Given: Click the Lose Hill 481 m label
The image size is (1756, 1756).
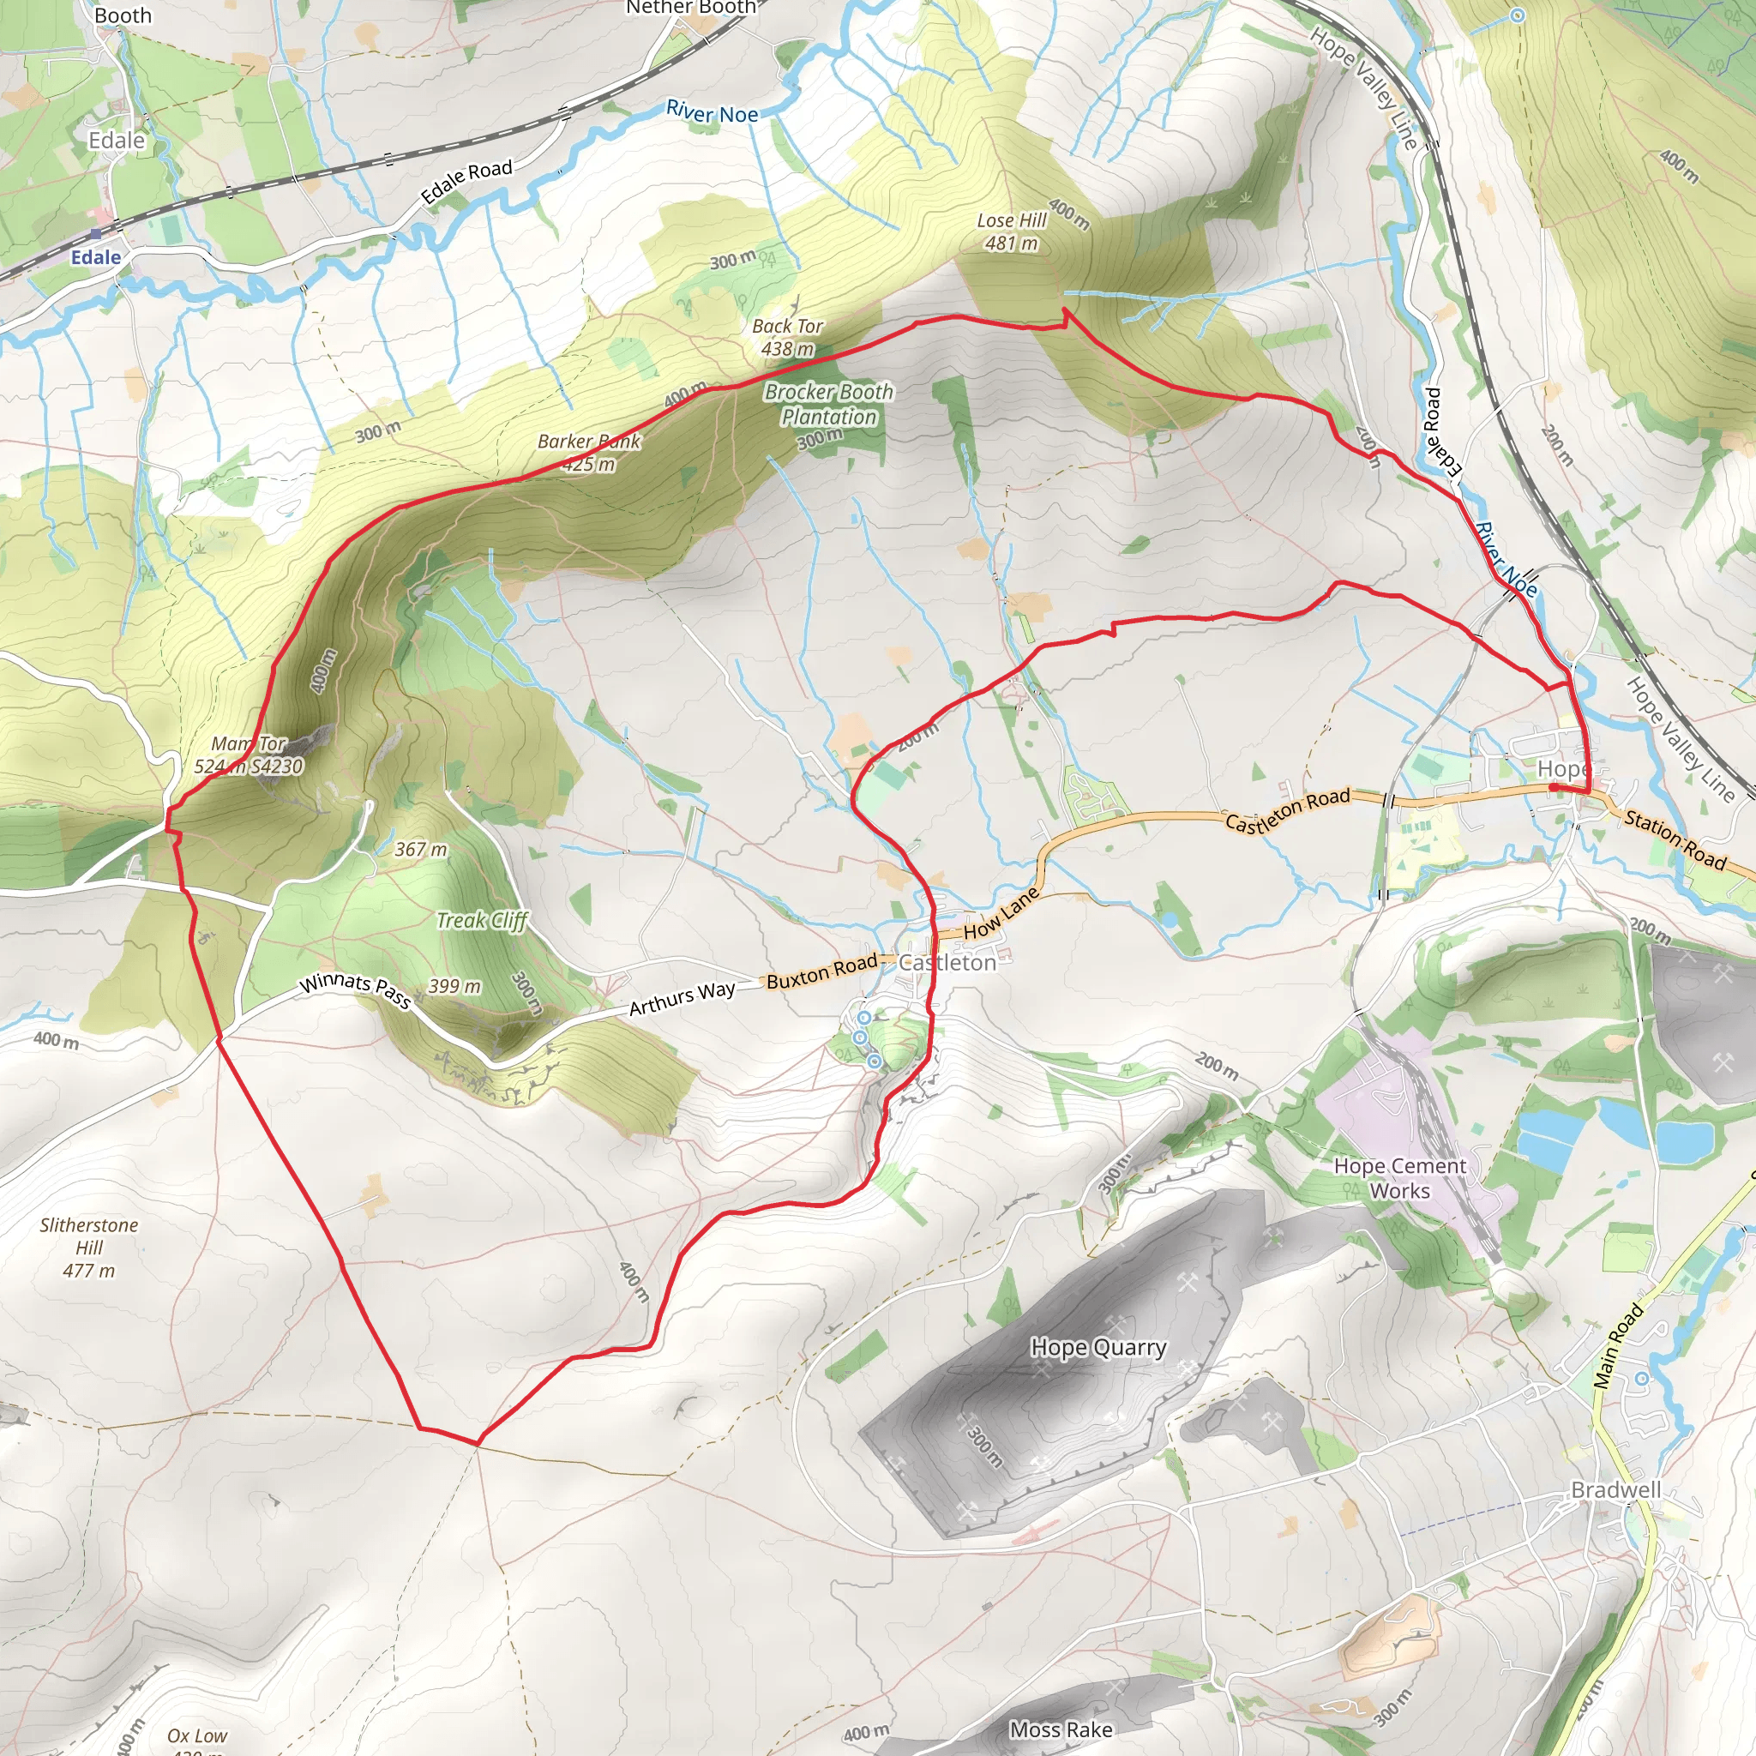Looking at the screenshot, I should tap(1012, 232).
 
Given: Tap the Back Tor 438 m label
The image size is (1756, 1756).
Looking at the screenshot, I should tap(787, 337).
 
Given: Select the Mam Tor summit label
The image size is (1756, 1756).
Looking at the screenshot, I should tap(248, 755).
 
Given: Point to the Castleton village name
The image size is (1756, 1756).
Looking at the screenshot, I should tap(947, 964).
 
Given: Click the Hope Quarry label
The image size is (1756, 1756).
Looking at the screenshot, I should tap(1098, 1347).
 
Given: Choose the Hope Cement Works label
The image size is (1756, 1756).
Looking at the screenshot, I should tap(1399, 1178).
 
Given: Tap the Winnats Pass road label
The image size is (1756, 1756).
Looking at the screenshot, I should tap(355, 989).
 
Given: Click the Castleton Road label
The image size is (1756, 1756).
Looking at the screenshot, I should tap(1287, 809).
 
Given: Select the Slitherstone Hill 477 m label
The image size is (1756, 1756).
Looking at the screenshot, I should tap(89, 1247).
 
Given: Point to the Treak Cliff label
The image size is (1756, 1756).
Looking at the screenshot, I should tap(482, 921).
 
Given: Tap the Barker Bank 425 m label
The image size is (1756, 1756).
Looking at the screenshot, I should tap(589, 453).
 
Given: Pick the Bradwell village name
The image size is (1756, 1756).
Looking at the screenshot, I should tap(1616, 1490).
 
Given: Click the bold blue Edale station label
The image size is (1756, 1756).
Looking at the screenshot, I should tap(95, 257).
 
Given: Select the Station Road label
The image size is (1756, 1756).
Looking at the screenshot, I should tap(1675, 839).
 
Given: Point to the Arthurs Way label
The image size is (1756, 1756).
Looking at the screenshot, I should tap(682, 998).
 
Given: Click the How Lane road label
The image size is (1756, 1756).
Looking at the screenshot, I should tap(1001, 913).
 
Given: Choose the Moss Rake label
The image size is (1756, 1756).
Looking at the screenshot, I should tap(1061, 1729).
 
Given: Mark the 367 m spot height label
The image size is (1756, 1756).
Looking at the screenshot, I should tap(421, 849).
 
